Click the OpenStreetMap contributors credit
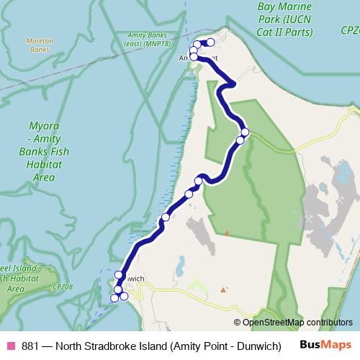[x=297, y=323]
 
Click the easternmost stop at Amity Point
[x=211, y=42]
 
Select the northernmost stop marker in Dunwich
[x=119, y=274]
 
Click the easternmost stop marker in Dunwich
[x=124, y=296]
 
